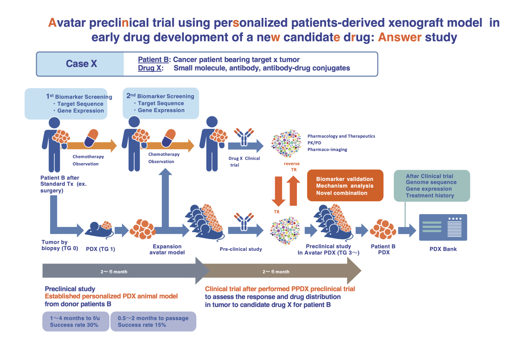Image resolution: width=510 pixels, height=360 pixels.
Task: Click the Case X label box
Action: click(x=81, y=64)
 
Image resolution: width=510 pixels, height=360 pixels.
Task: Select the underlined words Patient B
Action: click(x=153, y=60)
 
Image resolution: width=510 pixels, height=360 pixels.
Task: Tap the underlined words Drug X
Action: click(x=150, y=68)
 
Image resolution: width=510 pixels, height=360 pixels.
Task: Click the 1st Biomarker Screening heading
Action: click(x=79, y=96)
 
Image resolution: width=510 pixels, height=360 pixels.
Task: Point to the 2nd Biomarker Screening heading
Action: click(x=160, y=96)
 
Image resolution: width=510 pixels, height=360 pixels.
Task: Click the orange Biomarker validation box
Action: click(x=345, y=186)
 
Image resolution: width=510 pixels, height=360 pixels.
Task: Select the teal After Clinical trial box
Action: click(x=432, y=186)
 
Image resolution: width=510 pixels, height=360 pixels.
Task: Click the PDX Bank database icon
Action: click(x=443, y=228)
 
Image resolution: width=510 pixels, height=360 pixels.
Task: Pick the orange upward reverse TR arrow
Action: click(x=293, y=190)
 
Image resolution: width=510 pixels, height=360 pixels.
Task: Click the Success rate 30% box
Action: click(x=75, y=321)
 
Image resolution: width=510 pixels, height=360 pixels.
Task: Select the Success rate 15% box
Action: click(x=153, y=321)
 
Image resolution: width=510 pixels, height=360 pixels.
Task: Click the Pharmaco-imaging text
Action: click(x=327, y=150)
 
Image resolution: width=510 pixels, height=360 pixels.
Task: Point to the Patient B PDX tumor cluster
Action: click(x=383, y=229)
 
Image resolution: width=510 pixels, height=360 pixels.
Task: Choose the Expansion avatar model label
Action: click(x=167, y=249)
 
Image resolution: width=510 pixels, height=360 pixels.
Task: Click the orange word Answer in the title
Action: click(x=400, y=37)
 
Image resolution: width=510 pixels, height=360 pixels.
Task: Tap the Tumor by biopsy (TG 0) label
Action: click(x=60, y=245)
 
